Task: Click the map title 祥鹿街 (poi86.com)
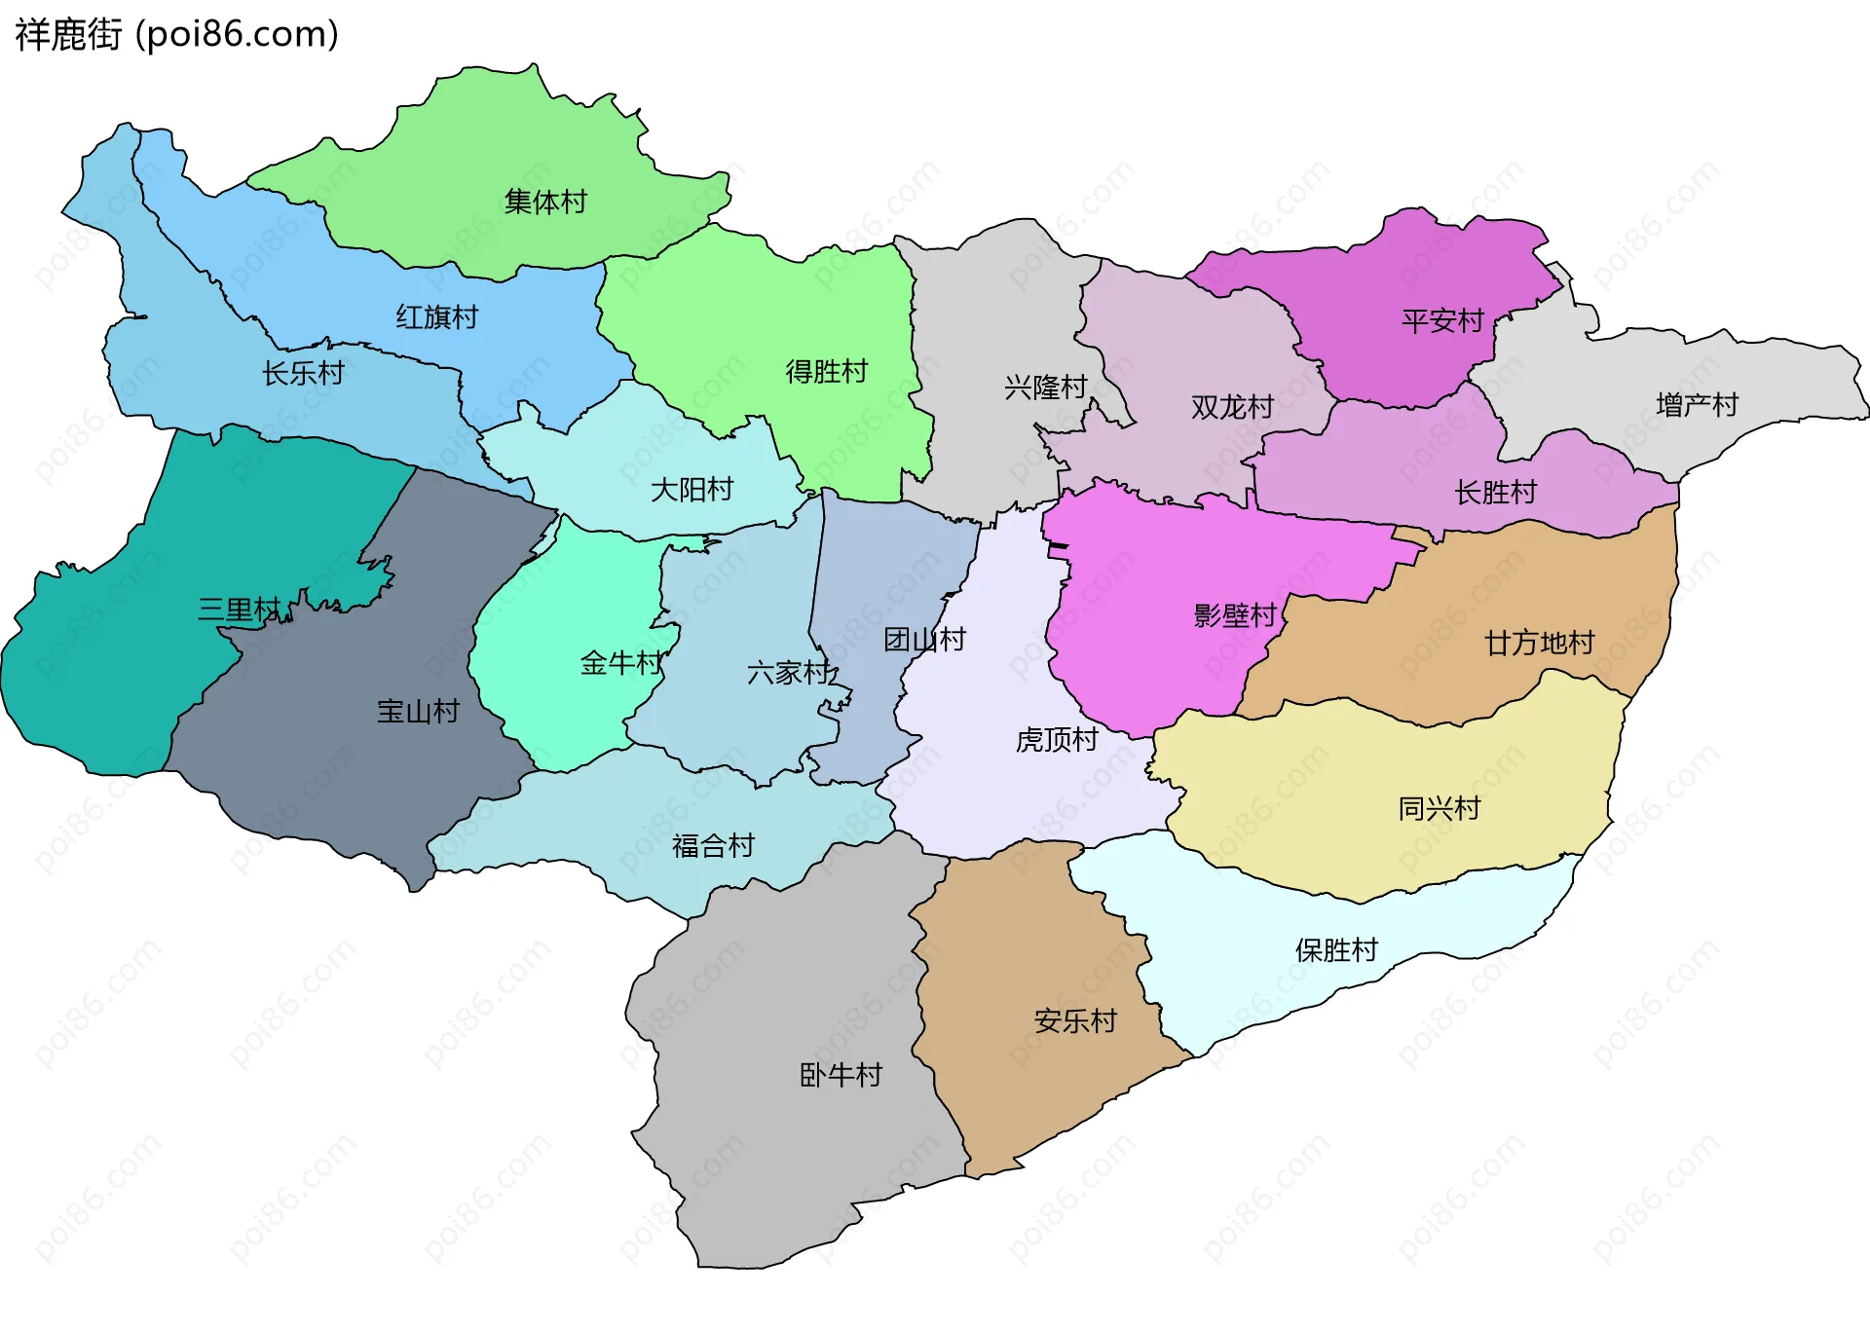click(176, 35)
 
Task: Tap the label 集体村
click(545, 202)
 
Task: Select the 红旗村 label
click(436, 317)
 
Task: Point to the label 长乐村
click(303, 373)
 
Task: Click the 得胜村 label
click(826, 371)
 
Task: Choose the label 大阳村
click(692, 489)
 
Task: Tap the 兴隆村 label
click(1045, 388)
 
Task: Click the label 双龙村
click(1232, 407)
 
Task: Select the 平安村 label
click(1442, 320)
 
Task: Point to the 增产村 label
click(1697, 405)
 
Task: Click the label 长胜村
click(1495, 493)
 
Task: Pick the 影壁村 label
click(1234, 615)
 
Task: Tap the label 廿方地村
click(1539, 643)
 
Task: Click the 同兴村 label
click(1439, 808)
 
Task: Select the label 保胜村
click(1336, 950)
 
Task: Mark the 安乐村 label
click(1075, 1021)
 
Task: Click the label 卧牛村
click(841, 1075)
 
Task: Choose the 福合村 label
click(713, 845)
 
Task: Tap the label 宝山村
click(418, 711)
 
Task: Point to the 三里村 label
click(239, 610)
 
